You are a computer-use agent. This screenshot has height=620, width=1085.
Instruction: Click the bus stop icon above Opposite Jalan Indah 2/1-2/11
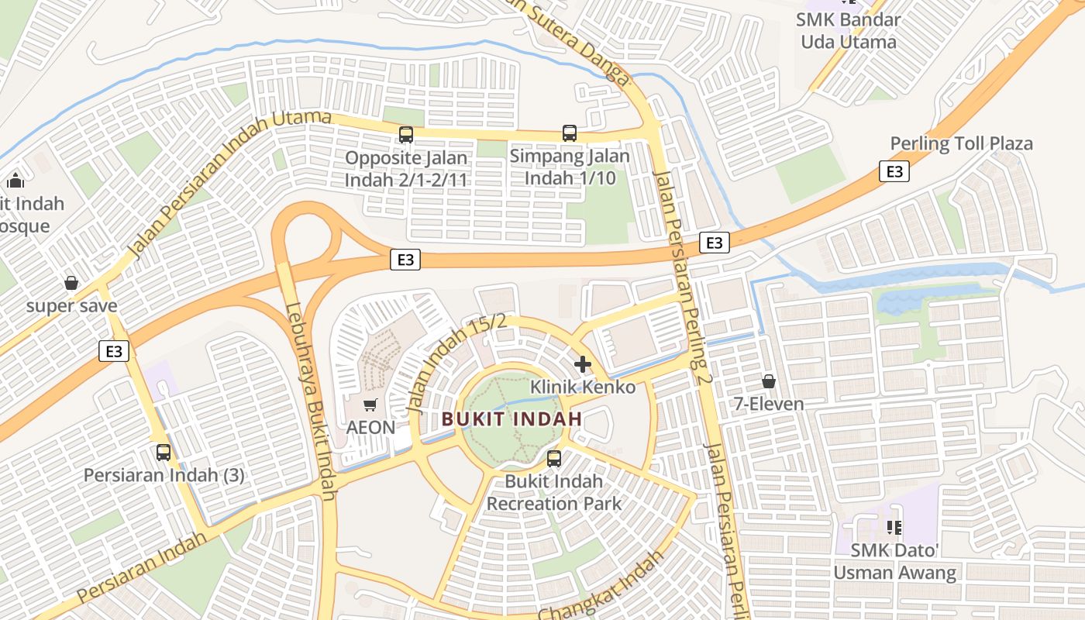pos(406,135)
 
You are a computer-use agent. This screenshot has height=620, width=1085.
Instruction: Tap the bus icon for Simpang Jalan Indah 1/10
pos(570,133)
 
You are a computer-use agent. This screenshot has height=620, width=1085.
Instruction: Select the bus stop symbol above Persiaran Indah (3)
pos(164,452)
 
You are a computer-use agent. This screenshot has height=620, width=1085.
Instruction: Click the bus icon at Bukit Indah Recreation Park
pos(554,458)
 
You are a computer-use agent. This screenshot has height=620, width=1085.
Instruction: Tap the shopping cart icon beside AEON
pos(370,405)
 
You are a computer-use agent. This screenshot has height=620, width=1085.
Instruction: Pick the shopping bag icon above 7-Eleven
pos(769,381)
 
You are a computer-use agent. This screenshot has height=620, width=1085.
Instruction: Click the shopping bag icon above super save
pos(71,283)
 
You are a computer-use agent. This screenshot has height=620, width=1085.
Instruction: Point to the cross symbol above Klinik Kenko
pos(583,363)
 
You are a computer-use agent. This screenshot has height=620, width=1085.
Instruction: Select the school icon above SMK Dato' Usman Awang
pos(894,528)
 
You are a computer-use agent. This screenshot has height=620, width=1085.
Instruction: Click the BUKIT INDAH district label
pos(511,419)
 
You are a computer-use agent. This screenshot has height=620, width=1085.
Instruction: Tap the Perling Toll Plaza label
pos(961,143)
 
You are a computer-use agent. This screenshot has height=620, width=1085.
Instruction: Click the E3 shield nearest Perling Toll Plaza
pos(894,171)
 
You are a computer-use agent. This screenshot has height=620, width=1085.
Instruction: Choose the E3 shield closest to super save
pos(114,351)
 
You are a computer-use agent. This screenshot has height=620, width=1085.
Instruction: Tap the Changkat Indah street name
pos(601,587)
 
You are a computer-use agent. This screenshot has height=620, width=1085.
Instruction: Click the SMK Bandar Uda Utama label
pos(849,31)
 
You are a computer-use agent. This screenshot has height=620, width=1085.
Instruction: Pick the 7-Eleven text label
pos(770,404)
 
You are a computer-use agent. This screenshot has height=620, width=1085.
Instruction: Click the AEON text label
pos(370,427)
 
